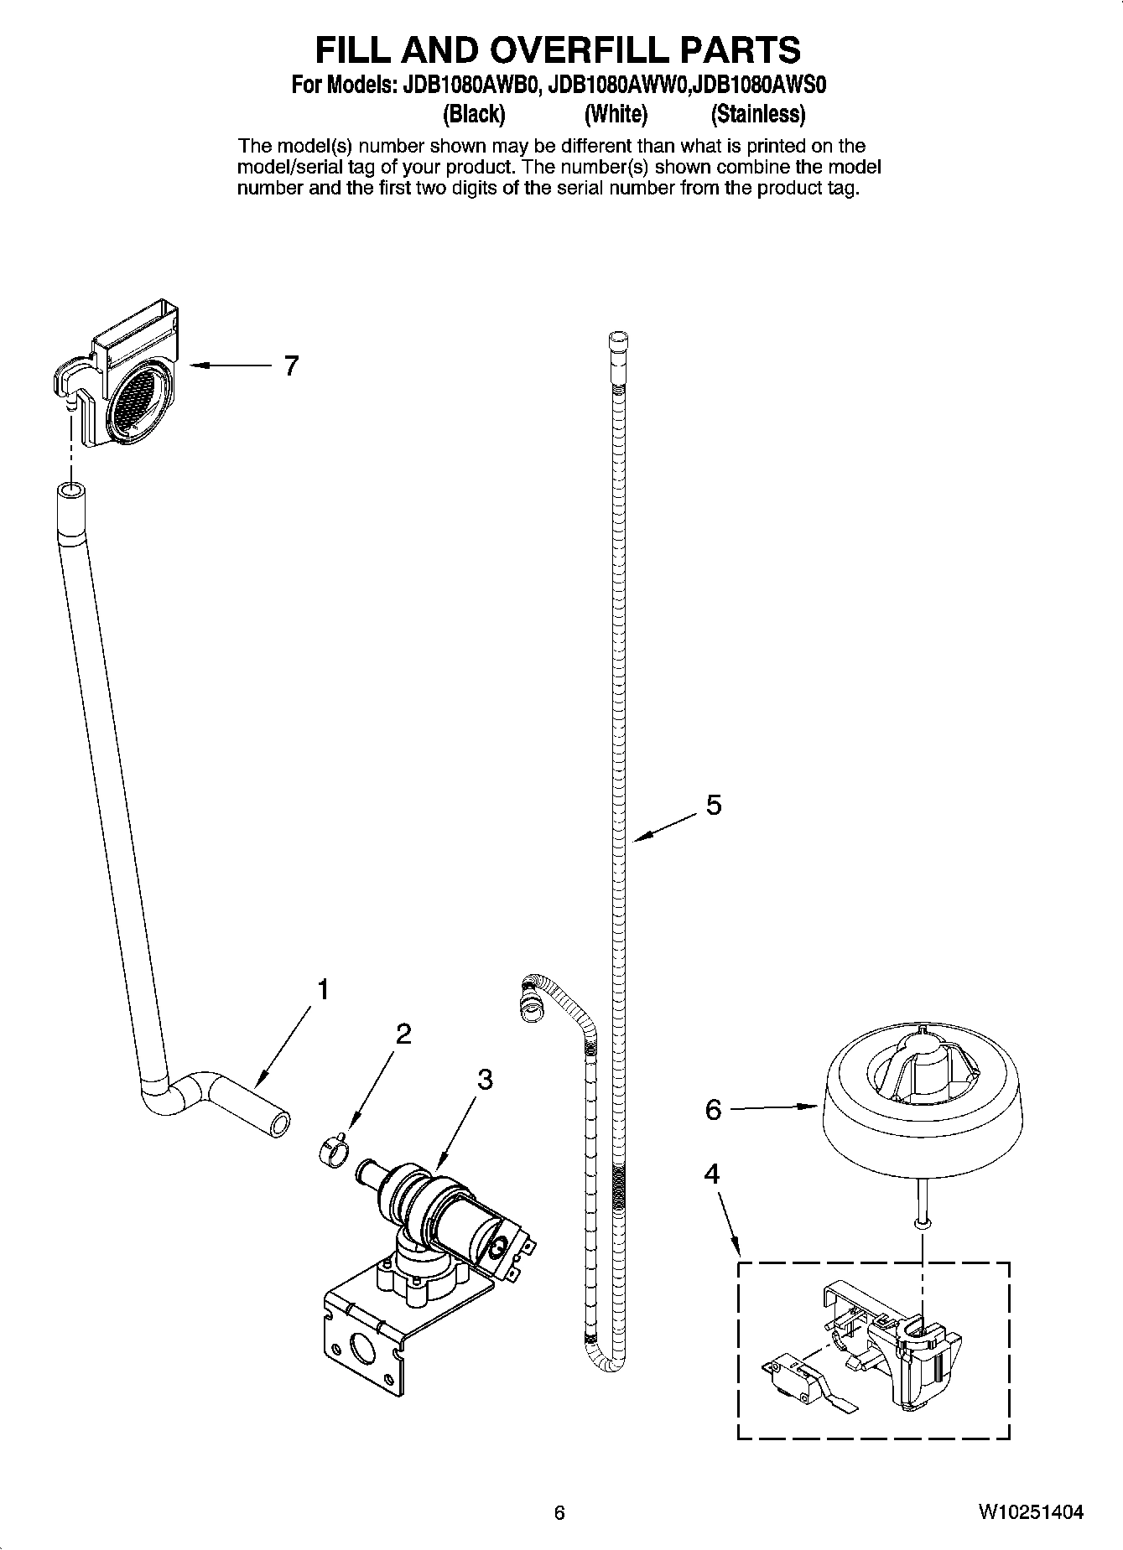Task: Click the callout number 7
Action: point(291,366)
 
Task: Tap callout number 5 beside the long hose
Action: point(713,805)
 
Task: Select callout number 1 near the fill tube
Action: point(323,990)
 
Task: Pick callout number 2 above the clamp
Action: point(403,1034)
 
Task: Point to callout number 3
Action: point(485,1080)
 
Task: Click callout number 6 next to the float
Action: point(713,1110)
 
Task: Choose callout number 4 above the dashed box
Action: point(711,1174)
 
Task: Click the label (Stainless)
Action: point(757,113)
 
